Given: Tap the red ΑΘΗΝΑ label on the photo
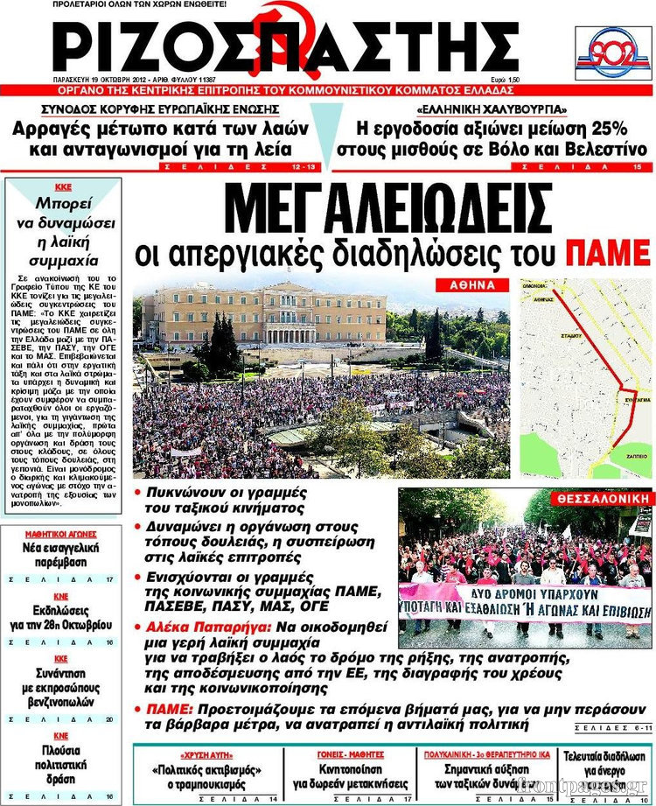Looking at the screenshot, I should (472, 285).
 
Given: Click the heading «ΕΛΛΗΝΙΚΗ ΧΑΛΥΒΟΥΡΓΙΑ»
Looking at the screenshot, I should (492, 110).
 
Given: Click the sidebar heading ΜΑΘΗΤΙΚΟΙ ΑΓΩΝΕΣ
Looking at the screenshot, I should (60, 533).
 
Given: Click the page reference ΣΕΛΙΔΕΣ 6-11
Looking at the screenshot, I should (613, 729).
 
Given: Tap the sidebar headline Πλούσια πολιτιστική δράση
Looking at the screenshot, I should (60, 765).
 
